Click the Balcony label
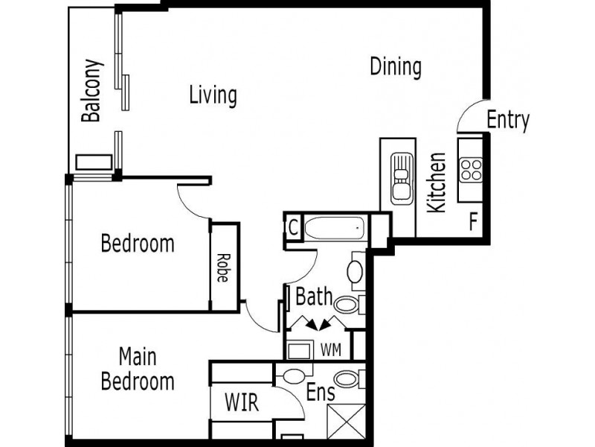92,90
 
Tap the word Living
213,95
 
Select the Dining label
396,67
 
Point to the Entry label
508,119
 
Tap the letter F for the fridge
472,221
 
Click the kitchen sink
401,178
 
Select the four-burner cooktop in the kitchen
470,169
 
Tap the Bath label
314,297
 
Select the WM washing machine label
330,348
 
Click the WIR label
242,403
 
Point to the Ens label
321,393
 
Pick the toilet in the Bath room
347,303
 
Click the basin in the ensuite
295,375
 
